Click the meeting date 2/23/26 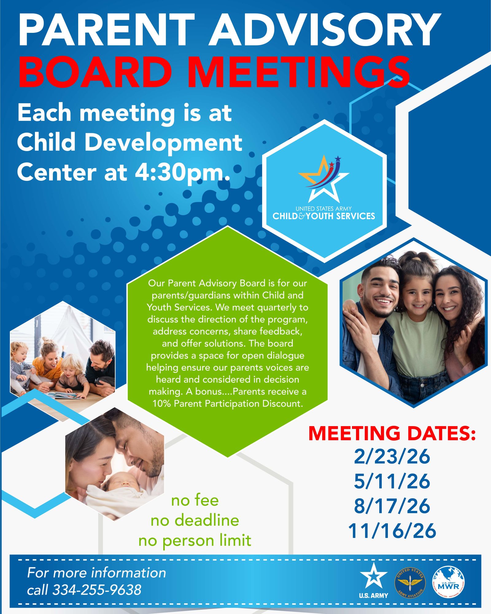(392, 457)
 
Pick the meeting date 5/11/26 (392, 481)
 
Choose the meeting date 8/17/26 (392, 506)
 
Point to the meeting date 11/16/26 (392, 530)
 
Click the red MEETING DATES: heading (392, 433)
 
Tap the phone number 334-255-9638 (97, 590)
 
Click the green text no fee (195, 500)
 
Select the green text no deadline (195, 520)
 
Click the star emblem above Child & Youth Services (324, 178)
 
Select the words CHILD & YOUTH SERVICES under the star (324, 216)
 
